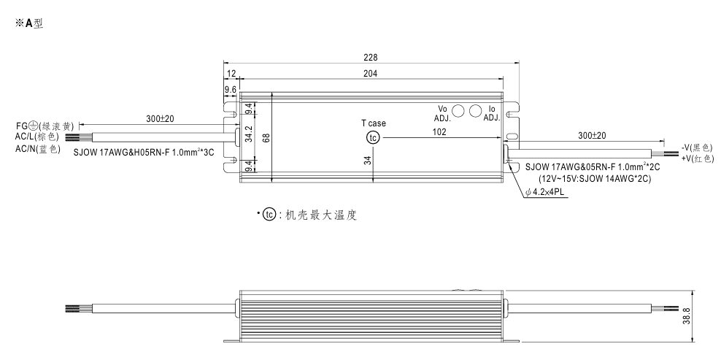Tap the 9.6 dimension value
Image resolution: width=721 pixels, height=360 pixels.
231,90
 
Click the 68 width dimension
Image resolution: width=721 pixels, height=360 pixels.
266,137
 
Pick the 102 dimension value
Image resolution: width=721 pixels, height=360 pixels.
439,132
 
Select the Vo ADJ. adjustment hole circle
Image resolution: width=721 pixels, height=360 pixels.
459,112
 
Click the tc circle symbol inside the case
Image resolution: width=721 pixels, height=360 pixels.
373,137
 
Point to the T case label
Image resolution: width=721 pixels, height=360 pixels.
373,123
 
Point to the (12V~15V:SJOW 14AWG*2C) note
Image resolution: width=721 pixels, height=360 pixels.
595,177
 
